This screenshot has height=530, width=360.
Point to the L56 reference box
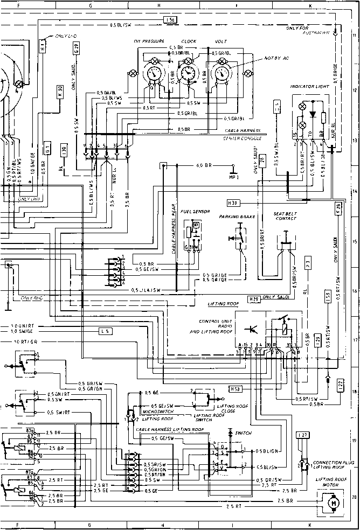[170, 20]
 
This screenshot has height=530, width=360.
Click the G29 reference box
[77, 49]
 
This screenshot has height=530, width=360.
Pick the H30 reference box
[232, 203]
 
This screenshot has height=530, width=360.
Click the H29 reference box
[253, 298]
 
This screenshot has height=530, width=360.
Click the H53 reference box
[234, 388]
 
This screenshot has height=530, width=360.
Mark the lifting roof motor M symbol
[333, 503]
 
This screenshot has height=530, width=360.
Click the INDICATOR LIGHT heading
[309, 86]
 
